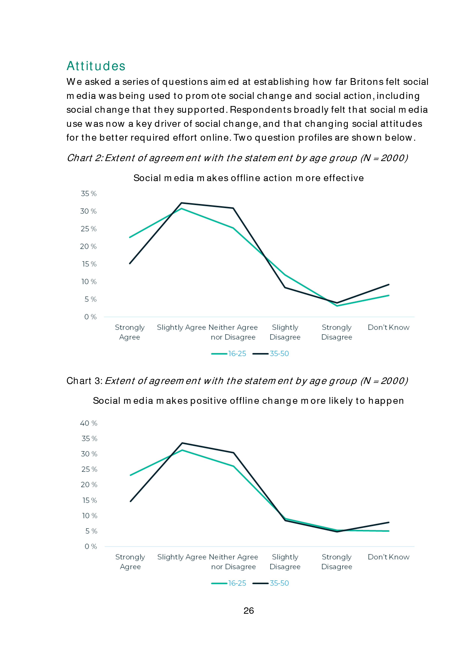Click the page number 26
pos(249,611)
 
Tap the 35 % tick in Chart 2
pos(88,194)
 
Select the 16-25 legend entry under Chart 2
pos(229,354)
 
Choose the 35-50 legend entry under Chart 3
pos(271,583)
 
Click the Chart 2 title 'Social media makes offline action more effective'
pos(249,178)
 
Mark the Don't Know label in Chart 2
pos(389,327)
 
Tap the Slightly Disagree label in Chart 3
pos(285,562)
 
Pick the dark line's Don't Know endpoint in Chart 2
pos(389,284)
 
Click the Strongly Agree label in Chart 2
pos(130,332)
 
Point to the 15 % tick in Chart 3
pos(90,500)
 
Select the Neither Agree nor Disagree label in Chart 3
pos(233,562)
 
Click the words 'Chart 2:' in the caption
pos(85,158)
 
